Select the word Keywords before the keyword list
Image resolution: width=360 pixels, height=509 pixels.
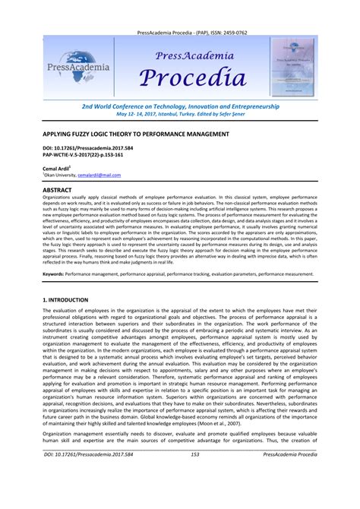coord(52,273)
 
